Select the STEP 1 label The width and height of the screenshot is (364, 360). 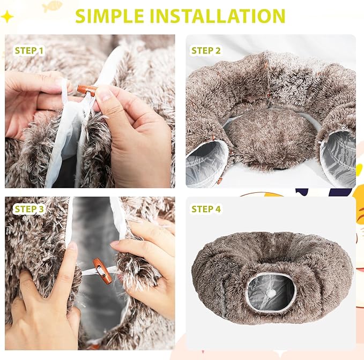pos(29,51)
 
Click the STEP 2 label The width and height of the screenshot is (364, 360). pos(206,51)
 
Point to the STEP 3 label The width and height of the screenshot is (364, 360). pos(29,209)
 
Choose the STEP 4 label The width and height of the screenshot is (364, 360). pos(206,209)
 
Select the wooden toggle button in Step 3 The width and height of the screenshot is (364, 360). pos(101,271)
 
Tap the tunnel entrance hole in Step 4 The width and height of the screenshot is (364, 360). pos(271,292)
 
